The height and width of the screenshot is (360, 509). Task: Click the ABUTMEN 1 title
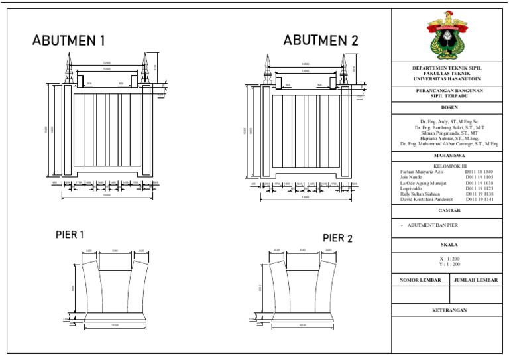pyautogui.click(x=69, y=42)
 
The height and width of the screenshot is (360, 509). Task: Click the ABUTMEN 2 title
pyautogui.click(x=321, y=41)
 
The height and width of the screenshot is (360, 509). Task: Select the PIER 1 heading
pyautogui.click(x=70, y=235)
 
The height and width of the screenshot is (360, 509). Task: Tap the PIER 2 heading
pyautogui.click(x=338, y=238)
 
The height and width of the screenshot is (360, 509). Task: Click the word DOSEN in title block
pyautogui.click(x=449, y=107)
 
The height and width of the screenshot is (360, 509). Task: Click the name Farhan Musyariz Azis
pyautogui.click(x=423, y=172)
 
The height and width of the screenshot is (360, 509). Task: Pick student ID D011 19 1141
pyautogui.click(x=479, y=199)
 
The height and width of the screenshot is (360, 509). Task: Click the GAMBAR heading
pyautogui.click(x=449, y=210)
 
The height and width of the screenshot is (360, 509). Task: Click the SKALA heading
pyautogui.click(x=449, y=245)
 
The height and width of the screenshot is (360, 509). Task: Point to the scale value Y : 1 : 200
pyautogui.click(x=449, y=264)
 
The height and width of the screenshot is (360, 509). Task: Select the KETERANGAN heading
pyautogui.click(x=449, y=310)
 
